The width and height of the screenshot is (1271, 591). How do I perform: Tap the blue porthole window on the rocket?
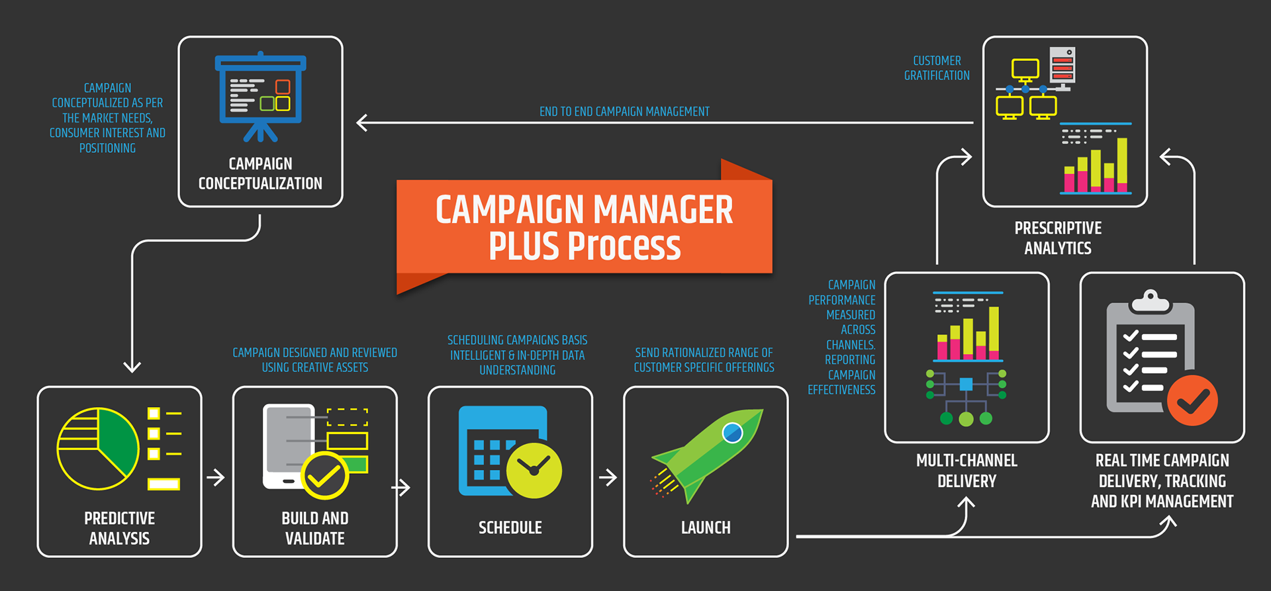pos(732,433)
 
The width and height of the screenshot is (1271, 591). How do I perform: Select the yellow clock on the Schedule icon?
pos(534,470)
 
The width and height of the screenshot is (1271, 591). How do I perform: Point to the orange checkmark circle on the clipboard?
pos(1192,400)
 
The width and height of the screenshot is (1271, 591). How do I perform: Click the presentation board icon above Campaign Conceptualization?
pos(260,97)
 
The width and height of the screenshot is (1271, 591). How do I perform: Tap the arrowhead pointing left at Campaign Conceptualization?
pos(362,122)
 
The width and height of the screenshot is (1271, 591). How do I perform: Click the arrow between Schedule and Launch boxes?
pos(608,477)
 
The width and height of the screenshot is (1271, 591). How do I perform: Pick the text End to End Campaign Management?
pos(624,112)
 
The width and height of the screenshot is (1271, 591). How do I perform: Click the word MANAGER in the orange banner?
pos(663,210)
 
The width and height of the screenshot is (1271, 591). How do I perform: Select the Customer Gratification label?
pos(937,68)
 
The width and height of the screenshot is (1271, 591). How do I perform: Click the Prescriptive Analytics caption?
pos(1058,238)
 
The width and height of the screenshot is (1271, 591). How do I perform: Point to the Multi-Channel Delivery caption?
pos(966,471)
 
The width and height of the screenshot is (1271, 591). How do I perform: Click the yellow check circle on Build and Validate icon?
pos(324,476)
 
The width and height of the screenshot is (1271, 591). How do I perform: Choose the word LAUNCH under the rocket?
pos(706,527)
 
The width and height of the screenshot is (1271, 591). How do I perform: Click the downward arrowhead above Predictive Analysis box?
pos(132,366)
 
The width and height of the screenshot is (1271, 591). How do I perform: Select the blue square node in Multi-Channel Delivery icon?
pos(966,384)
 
